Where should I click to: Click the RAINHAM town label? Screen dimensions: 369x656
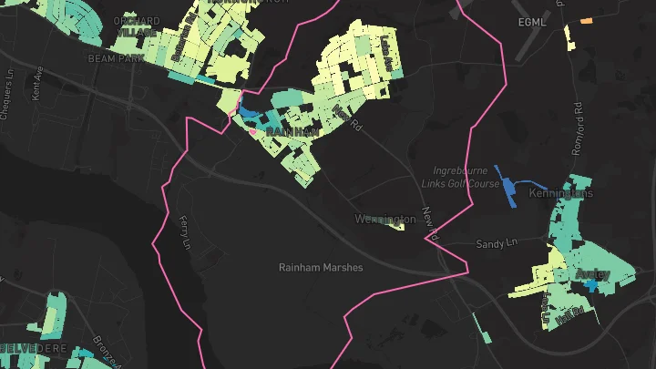point(292,132)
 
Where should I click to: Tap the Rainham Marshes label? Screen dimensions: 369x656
point(321,268)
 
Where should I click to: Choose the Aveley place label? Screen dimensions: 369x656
point(592,273)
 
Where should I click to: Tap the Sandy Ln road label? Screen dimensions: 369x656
point(497,244)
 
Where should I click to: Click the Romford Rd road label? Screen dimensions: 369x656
point(579,108)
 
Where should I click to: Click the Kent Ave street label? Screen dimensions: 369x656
point(37,88)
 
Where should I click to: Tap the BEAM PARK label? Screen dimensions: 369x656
point(112,57)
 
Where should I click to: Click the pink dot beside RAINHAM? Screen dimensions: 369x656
point(253,131)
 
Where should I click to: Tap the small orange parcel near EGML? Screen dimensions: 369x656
point(587,20)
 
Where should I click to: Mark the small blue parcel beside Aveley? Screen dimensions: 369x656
point(592,286)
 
